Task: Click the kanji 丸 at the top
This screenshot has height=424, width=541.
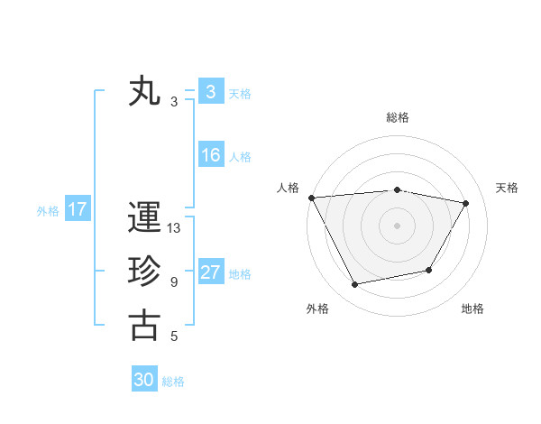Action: click(x=144, y=92)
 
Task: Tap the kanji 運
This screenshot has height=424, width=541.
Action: click(x=144, y=219)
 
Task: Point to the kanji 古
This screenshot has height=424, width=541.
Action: click(x=144, y=326)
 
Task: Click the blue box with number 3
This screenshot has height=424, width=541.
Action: click(x=210, y=92)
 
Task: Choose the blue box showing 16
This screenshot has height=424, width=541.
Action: click(x=210, y=155)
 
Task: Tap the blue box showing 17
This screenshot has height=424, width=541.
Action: click(x=77, y=209)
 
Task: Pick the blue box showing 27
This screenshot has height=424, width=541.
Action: click(x=210, y=272)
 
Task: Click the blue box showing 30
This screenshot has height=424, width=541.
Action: click(x=144, y=380)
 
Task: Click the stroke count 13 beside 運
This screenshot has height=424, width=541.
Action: click(x=174, y=228)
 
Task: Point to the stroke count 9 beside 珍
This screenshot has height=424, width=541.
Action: click(x=174, y=282)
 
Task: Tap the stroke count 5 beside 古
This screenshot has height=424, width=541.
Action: click(x=174, y=336)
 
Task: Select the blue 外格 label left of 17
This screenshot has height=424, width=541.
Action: click(x=48, y=211)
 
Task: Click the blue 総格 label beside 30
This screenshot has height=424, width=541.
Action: click(x=173, y=382)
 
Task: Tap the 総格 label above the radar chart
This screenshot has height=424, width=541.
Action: click(x=397, y=117)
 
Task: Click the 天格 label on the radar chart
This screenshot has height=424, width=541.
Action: click(x=508, y=188)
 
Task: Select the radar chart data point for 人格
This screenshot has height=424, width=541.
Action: click(x=311, y=198)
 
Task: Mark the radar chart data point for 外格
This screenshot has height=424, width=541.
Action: click(x=354, y=285)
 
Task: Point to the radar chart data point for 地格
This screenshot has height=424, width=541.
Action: click(x=429, y=270)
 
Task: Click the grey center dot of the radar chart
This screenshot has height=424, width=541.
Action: click(x=397, y=225)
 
